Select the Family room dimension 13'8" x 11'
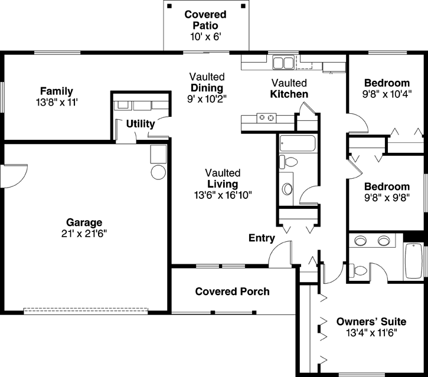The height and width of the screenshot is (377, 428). click(56, 102)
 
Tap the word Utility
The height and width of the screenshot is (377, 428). click(141, 124)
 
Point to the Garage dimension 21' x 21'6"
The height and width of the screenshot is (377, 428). click(83, 233)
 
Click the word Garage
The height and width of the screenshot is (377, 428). click(83, 222)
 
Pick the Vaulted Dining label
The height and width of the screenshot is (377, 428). click(207, 87)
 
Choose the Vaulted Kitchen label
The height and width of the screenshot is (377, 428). click(289, 88)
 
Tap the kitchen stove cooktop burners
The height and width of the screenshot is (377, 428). click(267, 119)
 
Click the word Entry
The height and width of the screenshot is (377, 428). click(262, 238)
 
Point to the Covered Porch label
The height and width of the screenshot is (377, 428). click(232, 291)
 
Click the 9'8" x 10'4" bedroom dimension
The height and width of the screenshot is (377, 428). click(387, 93)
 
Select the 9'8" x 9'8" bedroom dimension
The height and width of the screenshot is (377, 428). click(387, 196)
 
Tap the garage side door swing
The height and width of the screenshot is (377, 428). click(15, 175)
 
